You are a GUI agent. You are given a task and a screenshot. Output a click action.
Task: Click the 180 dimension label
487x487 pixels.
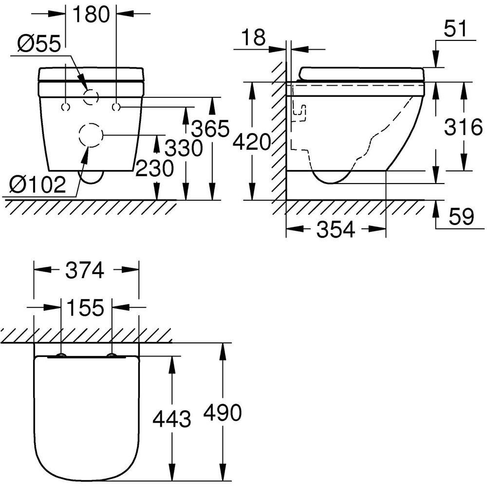(x=91, y=15)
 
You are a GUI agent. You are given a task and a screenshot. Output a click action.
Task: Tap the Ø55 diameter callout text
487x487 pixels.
(x=39, y=44)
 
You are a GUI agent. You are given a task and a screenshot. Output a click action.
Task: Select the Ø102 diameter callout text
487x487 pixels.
(x=37, y=185)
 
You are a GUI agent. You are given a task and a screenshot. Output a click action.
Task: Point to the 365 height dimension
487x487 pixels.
(x=210, y=129)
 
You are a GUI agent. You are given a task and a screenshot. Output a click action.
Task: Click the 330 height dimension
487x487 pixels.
(x=183, y=148)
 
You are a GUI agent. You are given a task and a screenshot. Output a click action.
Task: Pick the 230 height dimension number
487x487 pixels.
(x=154, y=169)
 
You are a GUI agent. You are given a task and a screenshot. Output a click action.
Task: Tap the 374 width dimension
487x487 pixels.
(x=85, y=270)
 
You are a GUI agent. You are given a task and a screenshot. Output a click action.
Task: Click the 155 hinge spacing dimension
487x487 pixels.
(x=85, y=308)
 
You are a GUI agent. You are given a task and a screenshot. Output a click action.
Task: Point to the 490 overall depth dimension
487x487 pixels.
(x=223, y=413)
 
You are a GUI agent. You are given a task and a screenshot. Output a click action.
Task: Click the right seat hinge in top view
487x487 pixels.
(x=112, y=356)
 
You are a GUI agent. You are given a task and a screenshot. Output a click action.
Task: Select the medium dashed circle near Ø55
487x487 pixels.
(x=91, y=97)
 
